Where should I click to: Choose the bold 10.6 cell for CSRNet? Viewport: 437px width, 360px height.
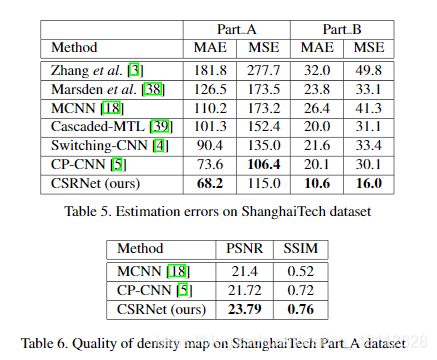(316, 184)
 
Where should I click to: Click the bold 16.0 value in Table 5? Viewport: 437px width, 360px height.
(369, 184)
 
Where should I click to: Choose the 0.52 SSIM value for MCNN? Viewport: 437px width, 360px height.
(296, 270)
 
